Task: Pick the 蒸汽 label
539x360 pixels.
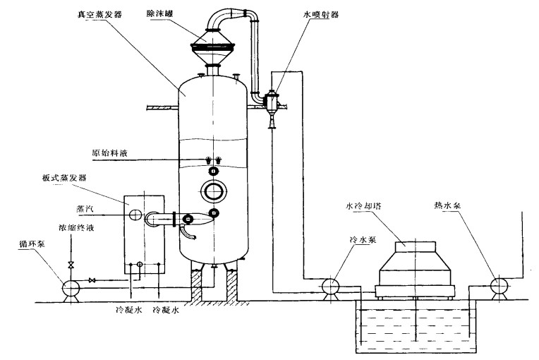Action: (85, 209)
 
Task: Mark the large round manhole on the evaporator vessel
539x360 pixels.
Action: (212, 191)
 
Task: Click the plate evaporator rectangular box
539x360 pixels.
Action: (144, 233)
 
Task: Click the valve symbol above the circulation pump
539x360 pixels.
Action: (70, 265)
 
